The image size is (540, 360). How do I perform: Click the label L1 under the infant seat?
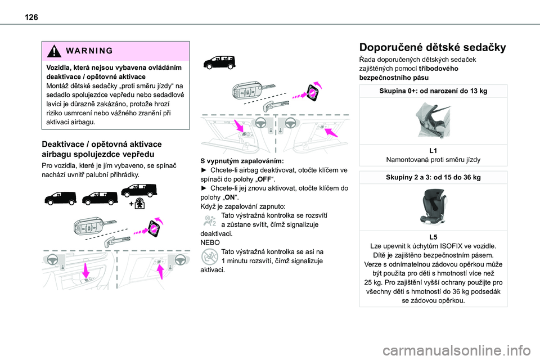click(x=433, y=151)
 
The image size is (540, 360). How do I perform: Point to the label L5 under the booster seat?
click(x=433, y=237)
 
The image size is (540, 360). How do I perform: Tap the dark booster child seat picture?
click(x=433, y=207)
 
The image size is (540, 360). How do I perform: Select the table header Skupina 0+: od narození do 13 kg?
click(x=433, y=91)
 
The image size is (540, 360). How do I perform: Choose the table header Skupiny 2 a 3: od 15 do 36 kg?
click(x=433, y=178)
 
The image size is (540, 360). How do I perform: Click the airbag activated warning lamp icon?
click(x=209, y=256)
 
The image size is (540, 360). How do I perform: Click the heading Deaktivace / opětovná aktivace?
click(x=98, y=144)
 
